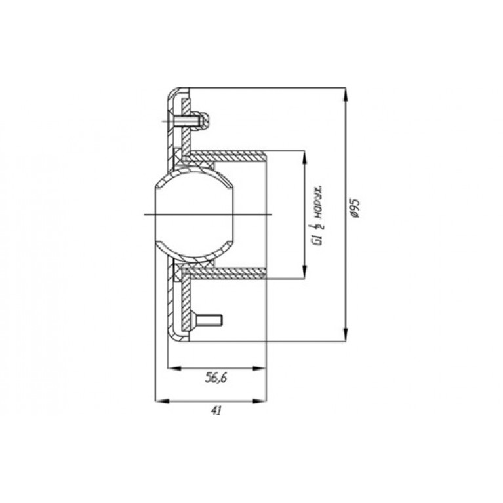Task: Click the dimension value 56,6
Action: coord(216,378)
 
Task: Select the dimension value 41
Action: coord(216,411)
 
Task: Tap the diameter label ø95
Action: coord(355,208)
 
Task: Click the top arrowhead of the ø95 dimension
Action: coord(346,94)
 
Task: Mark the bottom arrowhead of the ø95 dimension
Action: coord(346,334)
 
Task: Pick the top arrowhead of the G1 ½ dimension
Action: coord(304,158)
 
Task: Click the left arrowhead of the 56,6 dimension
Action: coord(175,369)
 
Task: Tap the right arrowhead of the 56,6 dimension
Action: coord(259,369)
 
